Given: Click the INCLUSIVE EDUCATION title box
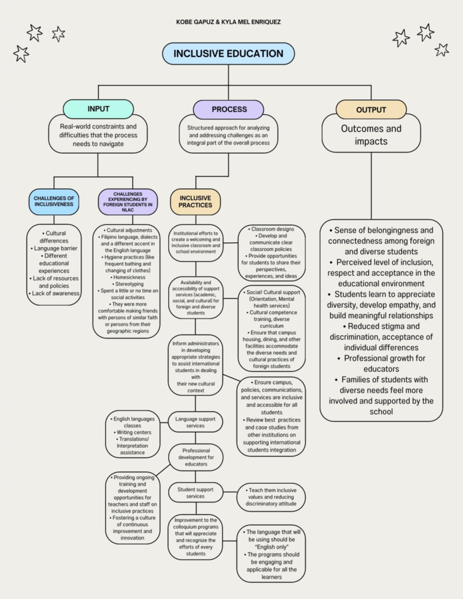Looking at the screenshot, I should [x=228, y=54].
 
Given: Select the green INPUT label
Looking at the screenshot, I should [x=98, y=109].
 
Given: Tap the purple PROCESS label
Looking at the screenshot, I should [x=229, y=110].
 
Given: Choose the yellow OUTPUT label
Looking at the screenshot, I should [x=371, y=110].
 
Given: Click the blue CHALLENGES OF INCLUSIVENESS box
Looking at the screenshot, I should [x=54, y=201].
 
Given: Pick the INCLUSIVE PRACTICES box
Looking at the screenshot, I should [x=195, y=202].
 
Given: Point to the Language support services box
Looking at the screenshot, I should [x=195, y=422].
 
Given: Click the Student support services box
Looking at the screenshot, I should [x=195, y=493].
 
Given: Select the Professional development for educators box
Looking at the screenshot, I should [x=196, y=457].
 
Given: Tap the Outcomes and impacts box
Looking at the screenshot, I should [x=371, y=135].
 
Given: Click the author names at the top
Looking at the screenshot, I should [x=228, y=22].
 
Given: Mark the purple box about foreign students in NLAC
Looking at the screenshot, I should [x=128, y=202].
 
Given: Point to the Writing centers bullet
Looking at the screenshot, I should [x=133, y=432].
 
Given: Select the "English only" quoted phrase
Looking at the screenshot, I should [x=272, y=547].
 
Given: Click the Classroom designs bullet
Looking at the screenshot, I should [x=272, y=229].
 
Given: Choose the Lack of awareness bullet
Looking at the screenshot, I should [x=54, y=294].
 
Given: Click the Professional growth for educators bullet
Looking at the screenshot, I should [x=381, y=363].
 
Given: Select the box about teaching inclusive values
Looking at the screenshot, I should [x=271, y=497].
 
